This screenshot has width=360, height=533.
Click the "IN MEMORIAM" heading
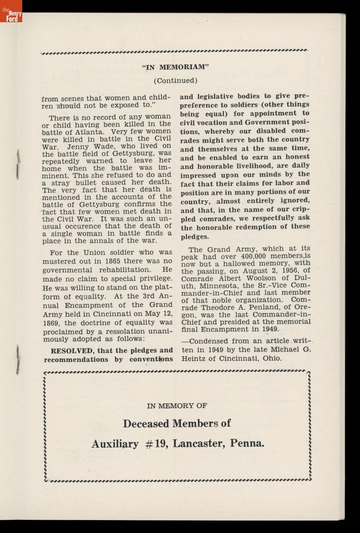[x=175, y=67]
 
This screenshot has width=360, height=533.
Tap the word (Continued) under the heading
[x=175, y=80]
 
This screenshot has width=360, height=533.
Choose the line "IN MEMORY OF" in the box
[x=177, y=406]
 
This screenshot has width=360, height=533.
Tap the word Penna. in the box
[x=248, y=443]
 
